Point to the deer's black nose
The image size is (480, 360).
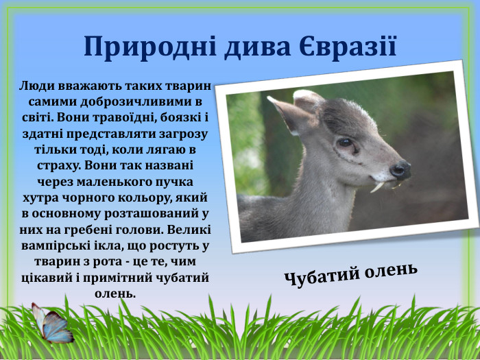coord(400,169)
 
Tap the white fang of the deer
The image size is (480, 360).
coord(377,186)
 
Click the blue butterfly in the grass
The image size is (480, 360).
coord(55,324)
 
